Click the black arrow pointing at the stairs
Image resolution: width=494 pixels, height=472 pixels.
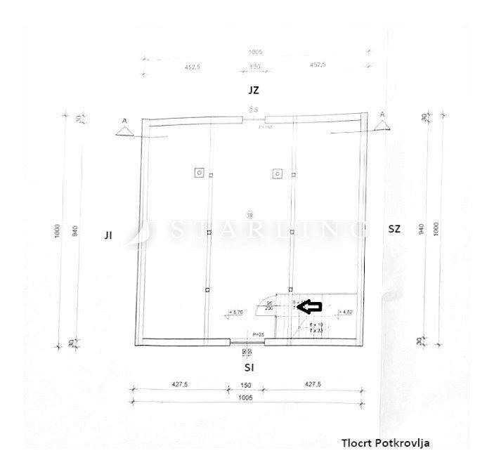point(311,306)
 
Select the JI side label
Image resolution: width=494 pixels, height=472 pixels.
point(108,236)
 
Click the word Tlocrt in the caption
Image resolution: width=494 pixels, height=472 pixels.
point(357,442)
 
